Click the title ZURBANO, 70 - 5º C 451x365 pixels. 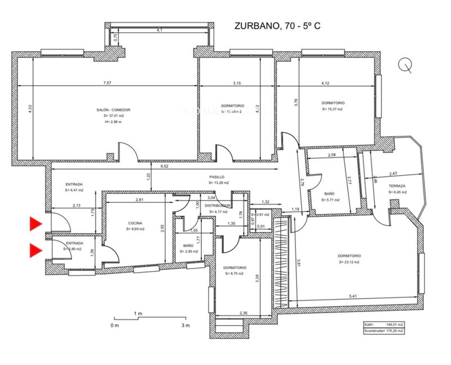277,26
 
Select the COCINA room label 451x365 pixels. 135,223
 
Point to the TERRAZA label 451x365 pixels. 398,186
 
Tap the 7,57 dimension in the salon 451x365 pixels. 107,83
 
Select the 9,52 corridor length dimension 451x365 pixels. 165,167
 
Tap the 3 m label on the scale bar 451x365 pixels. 185,326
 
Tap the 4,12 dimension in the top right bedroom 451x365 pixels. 325,83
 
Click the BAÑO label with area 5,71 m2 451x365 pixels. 329,194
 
